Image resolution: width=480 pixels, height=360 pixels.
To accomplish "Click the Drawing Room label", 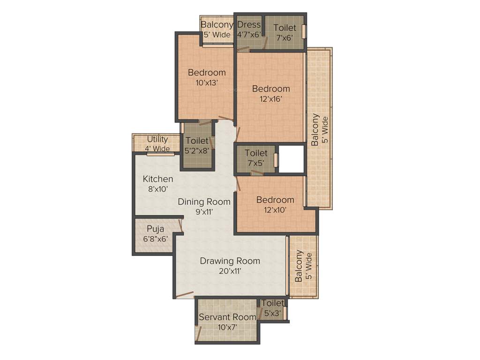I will tap(230, 261).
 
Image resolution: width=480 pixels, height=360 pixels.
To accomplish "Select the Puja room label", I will tap(155, 229).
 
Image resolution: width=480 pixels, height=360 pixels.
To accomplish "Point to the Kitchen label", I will tap(158, 179).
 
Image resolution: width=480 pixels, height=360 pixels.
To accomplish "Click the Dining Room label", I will tap(204, 202).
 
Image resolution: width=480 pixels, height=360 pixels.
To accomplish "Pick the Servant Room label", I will tap(227, 317).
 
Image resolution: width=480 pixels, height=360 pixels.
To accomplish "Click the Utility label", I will tap(157, 139).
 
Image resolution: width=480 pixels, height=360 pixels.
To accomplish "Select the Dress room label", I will tap(249, 25).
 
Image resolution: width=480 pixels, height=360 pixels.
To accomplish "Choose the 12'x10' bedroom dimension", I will tap(275, 210).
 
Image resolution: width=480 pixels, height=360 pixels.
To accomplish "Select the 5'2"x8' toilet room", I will tap(197, 145).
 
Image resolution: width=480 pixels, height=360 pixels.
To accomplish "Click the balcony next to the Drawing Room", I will tap(303, 266).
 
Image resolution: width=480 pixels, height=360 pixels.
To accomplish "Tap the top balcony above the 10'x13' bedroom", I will tap(217, 30).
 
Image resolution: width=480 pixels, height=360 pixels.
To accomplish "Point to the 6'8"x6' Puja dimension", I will tap(155, 239).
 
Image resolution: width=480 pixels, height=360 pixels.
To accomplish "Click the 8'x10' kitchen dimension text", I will tap(158, 189).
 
